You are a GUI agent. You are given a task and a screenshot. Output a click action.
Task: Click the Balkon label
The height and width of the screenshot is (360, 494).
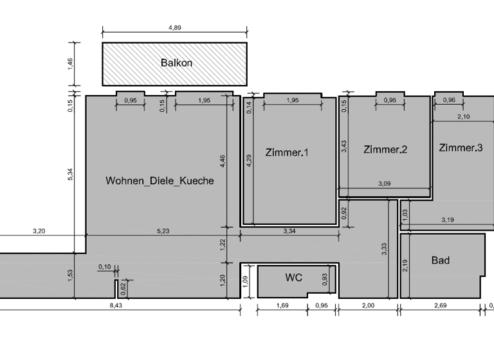point(176,63)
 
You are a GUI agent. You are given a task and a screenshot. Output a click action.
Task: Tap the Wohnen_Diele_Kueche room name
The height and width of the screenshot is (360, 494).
point(160,181)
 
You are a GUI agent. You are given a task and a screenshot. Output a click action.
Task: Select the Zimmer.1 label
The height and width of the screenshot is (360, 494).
point(287,152)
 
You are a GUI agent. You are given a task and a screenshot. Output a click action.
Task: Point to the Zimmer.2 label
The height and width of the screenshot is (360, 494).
point(385,150)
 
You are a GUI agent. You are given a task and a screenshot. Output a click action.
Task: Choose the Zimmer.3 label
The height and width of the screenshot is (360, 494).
point(461,148)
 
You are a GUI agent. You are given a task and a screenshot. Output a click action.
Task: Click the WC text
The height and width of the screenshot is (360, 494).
point(293,278)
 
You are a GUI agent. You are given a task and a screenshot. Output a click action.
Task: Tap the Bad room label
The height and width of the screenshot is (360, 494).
point(441,260)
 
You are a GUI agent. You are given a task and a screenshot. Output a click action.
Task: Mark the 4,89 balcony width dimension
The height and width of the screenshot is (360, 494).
point(174,28)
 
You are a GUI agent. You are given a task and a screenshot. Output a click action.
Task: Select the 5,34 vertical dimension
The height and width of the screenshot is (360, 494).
point(70,174)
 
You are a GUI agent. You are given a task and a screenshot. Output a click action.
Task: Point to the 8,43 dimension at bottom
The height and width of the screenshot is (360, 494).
point(116,305)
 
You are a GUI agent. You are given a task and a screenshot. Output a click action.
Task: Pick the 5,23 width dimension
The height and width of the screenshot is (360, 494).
point(163,231)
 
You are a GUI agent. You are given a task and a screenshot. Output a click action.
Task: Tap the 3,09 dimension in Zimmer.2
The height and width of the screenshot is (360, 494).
point(385,184)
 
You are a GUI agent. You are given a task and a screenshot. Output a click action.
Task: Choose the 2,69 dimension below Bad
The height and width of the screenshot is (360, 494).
point(440,305)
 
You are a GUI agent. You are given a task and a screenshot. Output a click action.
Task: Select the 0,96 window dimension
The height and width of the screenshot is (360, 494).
point(449,100)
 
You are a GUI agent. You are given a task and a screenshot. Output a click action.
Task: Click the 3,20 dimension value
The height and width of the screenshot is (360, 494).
point(38,231)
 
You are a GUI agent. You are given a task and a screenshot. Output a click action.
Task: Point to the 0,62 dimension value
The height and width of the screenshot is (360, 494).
point(123,289)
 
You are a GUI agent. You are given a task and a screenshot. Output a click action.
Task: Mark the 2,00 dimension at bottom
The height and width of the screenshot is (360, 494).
point(367,305)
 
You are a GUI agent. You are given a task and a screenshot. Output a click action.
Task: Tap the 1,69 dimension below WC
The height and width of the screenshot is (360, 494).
point(282,305)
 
